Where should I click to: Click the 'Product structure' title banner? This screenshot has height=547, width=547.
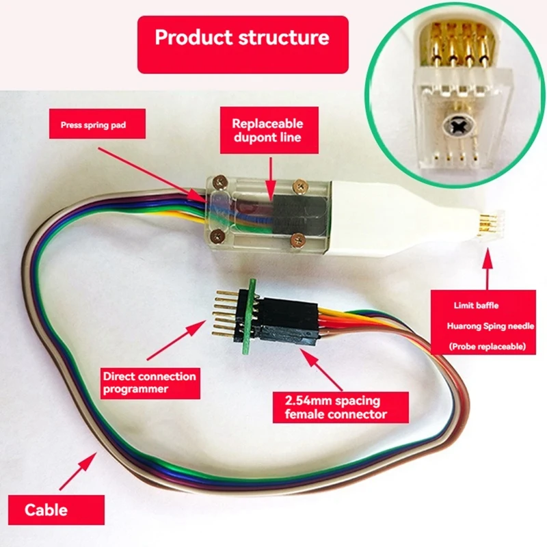click(x=242, y=38)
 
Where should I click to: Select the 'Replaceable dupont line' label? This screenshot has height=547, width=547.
click(x=267, y=131)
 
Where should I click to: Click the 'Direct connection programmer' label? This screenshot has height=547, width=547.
click(x=149, y=383)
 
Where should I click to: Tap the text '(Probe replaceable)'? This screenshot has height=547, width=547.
click(x=487, y=347)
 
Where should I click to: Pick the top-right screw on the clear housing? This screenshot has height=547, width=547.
click(x=298, y=184)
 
